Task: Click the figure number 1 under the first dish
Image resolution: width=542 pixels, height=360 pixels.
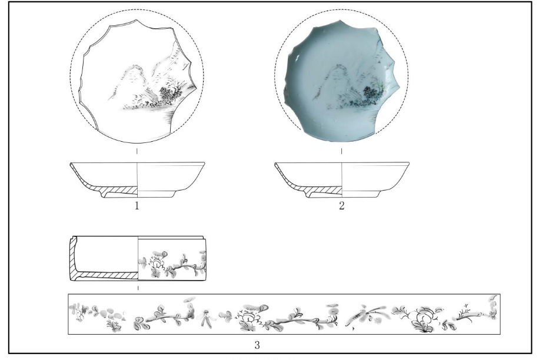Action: point(137,206)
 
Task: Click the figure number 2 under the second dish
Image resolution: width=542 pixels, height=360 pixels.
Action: point(341,206)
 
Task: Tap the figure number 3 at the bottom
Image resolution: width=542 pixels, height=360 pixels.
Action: point(257,345)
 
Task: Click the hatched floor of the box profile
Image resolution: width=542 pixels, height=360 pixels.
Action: point(107,275)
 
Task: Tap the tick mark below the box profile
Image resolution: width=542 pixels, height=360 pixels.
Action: point(138,288)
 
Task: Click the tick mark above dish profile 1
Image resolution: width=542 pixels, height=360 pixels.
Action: point(137,151)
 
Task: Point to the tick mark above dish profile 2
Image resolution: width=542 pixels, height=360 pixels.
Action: point(341,151)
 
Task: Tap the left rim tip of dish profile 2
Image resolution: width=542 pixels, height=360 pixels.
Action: point(275,164)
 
